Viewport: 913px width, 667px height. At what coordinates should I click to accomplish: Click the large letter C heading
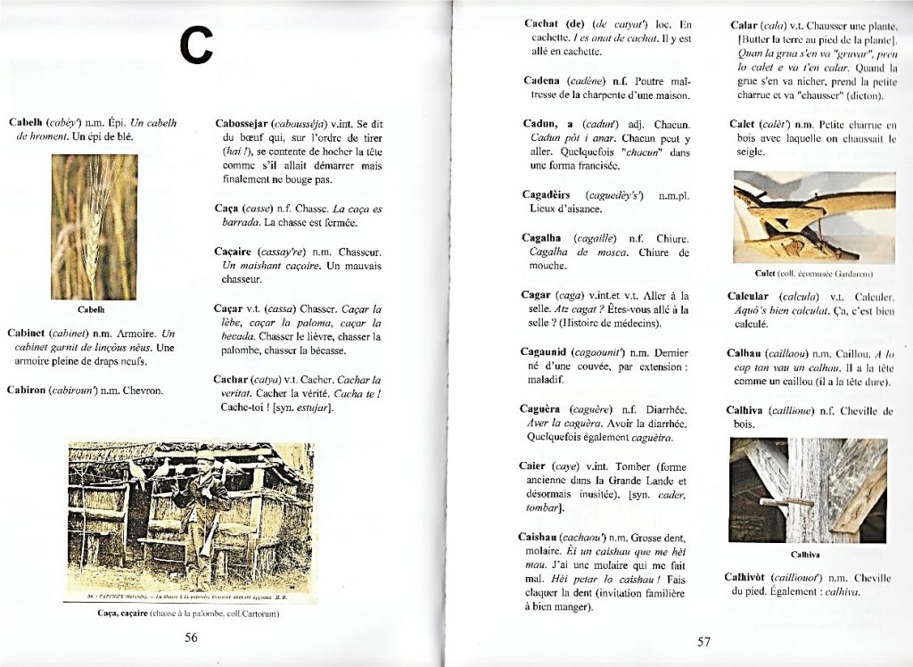point(197,45)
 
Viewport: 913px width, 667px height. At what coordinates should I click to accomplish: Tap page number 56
point(190,637)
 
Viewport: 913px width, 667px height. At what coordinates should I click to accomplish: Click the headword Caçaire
point(235,252)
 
